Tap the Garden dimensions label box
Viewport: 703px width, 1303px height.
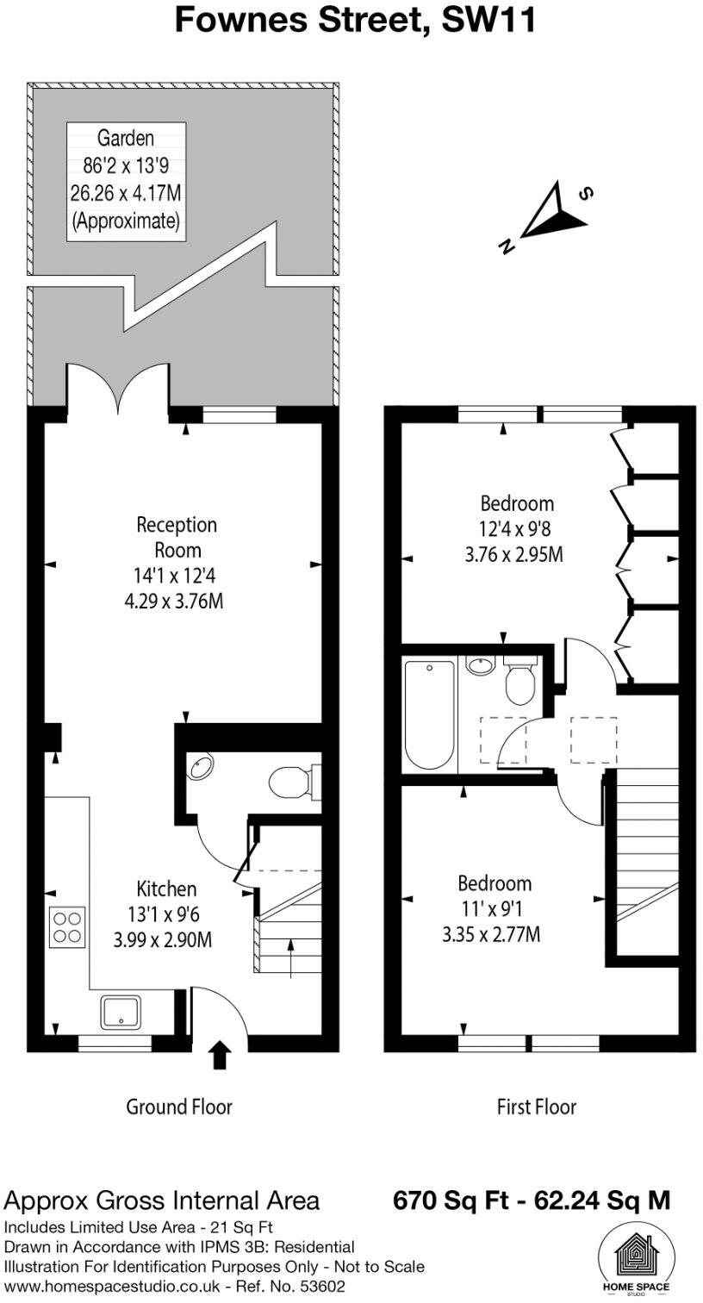pyautogui.click(x=126, y=179)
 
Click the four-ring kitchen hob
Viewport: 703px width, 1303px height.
pyautogui.click(x=66, y=927)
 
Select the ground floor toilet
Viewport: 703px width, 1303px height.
pyautogui.click(x=290, y=783)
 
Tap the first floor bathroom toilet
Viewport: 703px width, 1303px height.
pyautogui.click(x=520, y=683)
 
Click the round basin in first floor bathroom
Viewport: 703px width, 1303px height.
pyautogui.click(x=479, y=666)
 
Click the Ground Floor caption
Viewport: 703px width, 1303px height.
pyautogui.click(x=179, y=1107)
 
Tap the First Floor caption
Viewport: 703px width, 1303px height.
pyautogui.click(x=536, y=1107)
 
